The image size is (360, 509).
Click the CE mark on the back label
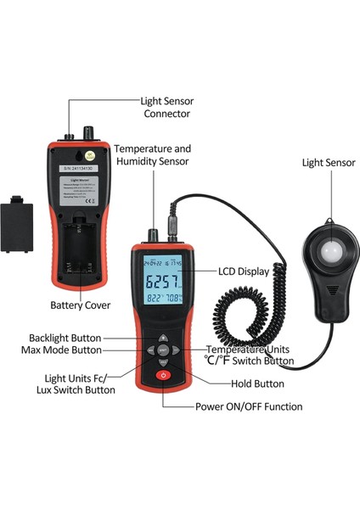(x=99, y=200)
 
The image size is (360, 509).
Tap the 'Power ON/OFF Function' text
(x=249, y=406)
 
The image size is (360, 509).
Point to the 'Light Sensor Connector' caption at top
(x=166, y=107)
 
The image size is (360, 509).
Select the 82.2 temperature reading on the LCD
(x=154, y=300)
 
